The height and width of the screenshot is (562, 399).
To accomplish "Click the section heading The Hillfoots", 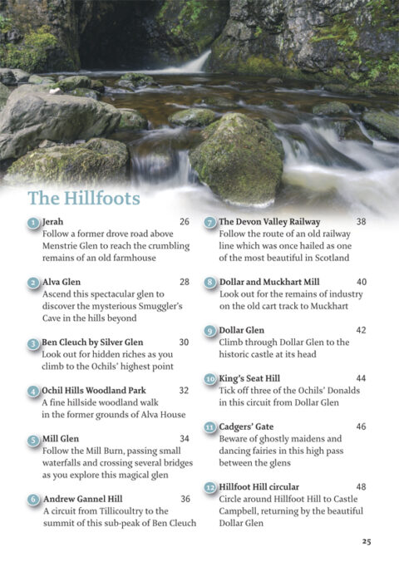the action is pos(83,198).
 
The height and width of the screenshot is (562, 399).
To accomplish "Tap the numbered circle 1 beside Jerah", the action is pos(32,223).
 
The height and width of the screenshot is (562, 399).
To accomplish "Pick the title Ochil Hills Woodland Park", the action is pos(94,390).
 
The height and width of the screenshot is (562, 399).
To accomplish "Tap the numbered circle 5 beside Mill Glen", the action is pos(32,439).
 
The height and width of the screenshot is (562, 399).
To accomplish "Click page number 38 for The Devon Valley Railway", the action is pos(361,222).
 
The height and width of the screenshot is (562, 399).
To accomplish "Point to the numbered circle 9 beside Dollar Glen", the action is pos(209,331).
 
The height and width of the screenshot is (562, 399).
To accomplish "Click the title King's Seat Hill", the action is pos(252,378).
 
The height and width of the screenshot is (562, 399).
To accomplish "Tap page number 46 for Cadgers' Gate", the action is pos(361,426).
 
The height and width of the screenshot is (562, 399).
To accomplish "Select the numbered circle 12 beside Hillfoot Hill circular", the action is pos(210,487).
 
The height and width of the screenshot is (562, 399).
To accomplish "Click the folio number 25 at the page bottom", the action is pos(366,540).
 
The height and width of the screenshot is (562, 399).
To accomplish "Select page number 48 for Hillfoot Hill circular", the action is pos(361,486).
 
